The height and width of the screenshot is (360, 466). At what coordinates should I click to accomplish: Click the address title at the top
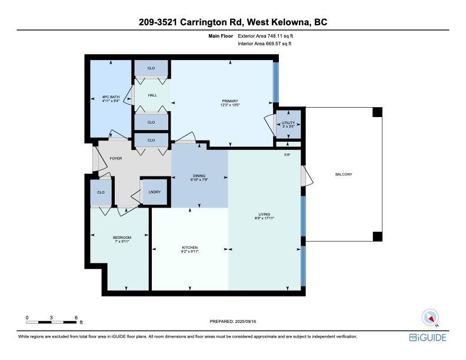tap(233, 22)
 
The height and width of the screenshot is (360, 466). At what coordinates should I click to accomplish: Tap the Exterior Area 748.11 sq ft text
tap(265, 36)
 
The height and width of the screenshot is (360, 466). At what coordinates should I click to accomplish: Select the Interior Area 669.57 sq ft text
tap(265, 44)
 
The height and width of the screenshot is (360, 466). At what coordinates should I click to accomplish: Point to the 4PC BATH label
tap(111, 99)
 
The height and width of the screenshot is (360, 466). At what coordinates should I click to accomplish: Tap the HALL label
tap(152, 95)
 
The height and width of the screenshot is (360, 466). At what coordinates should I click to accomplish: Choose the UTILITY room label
tap(289, 124)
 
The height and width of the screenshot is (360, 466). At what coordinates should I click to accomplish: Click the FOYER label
tap(116, 158)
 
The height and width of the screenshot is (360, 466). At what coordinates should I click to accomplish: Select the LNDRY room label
tap(154, 192)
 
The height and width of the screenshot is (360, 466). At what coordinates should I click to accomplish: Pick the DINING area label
tap(199, 177)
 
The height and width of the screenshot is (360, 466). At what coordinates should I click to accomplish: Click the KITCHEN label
tap(189, 249)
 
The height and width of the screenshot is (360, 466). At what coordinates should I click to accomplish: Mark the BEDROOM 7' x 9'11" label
tap(121, 239)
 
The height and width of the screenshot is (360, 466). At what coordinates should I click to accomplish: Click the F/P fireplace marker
tap(287, 155)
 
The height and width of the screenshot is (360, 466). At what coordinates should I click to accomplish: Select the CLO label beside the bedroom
tap(101, 192)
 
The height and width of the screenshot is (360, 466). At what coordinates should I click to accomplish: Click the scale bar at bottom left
tap(52, 322)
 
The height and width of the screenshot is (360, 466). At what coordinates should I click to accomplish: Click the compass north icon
tap(431, 318)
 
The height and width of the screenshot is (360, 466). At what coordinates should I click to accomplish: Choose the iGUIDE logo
tap(428, 338)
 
